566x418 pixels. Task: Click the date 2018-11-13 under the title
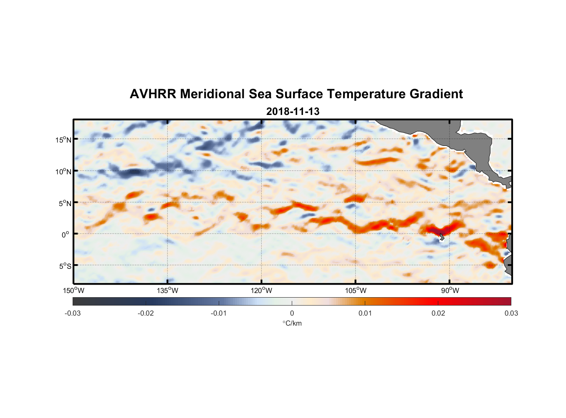[x=293, y=112]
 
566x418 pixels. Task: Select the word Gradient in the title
[x=436, y=94]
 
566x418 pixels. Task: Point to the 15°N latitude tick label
[x=63, y=140]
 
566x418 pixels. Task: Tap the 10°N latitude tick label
[x=63, y=172]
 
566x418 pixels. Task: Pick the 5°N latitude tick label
[x=64, y=204]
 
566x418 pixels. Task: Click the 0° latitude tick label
[x=66, y=235]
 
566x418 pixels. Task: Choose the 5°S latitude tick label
[x=64, y=266]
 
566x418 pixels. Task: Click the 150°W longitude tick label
[x=73, y=291]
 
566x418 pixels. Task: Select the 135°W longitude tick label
[x=167, y=291]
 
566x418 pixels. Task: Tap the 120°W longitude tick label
[x=261, y=291]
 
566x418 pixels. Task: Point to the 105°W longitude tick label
[x=356, y=291]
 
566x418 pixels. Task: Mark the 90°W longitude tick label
[x=450, y=291]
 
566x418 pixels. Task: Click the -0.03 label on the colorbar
[x=73, y=313]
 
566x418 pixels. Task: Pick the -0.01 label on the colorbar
[x=219, y=313]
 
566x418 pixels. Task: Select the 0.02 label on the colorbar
[x=438, y=313]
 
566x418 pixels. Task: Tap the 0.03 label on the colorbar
[x=511, y=313]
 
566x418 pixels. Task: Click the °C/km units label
[x=292, y=323]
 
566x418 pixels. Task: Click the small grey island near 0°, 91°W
[x=441, y=237]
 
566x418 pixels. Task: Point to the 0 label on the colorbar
[x=292, y=313]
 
